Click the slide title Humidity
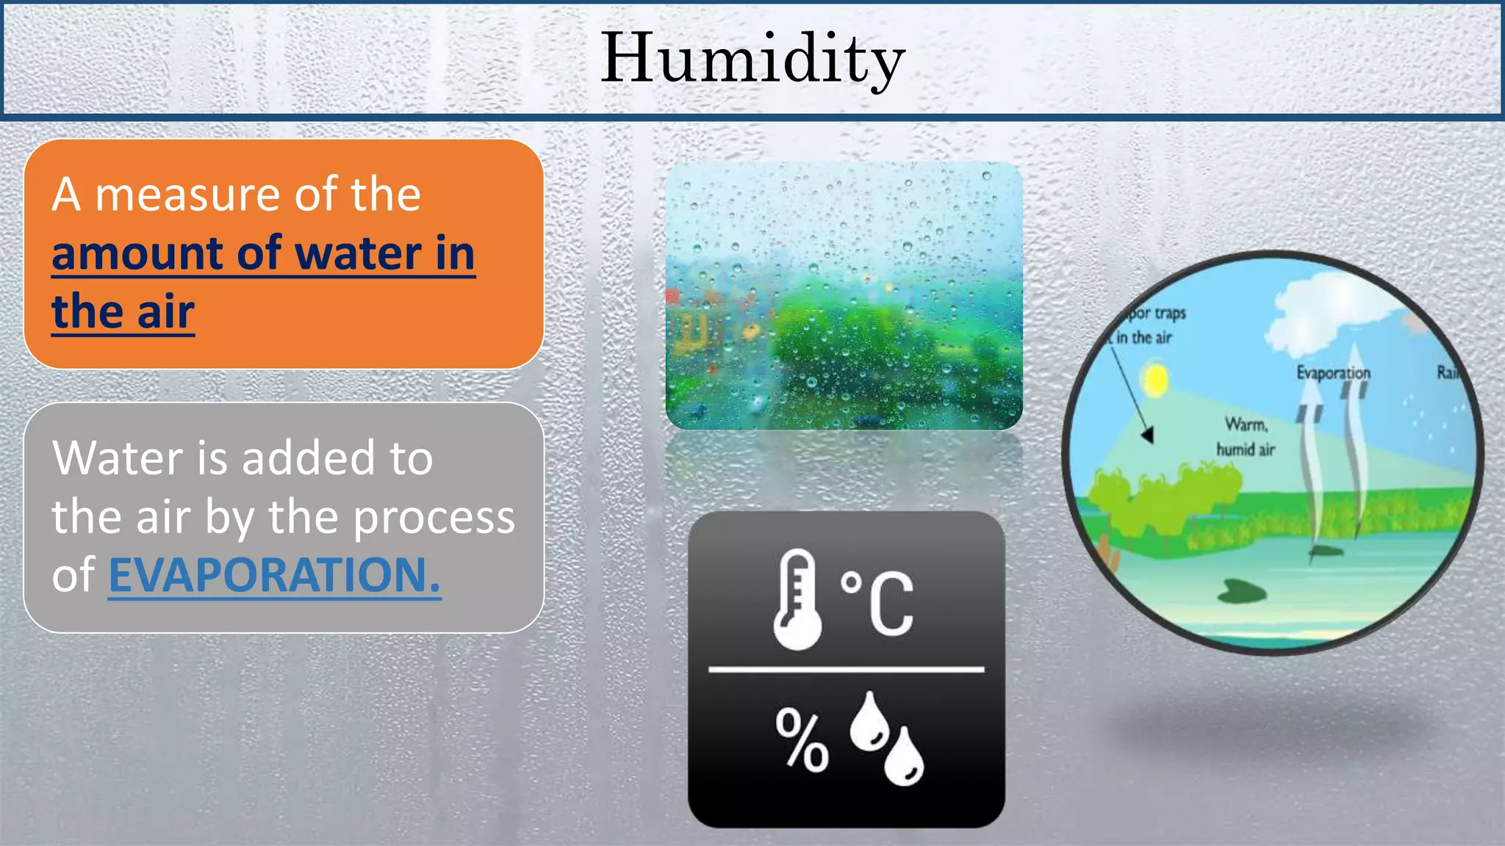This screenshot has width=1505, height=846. click(752, 59)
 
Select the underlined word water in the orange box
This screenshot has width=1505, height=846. click(358, 254)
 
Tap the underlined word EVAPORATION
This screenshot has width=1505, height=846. click(274, 575)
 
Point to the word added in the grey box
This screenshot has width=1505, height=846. click(309, 458)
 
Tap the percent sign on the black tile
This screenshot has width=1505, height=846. click(802, 740)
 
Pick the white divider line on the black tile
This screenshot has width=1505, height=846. click(846, 670)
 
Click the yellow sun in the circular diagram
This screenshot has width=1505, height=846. click(1156, 380)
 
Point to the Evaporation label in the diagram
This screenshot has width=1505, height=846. click(1333, 372)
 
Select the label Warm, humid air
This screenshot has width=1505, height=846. click(1246, 437)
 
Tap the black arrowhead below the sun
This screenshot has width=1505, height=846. click(1148, 435)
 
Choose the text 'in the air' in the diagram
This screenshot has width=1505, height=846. click(1143, 338)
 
